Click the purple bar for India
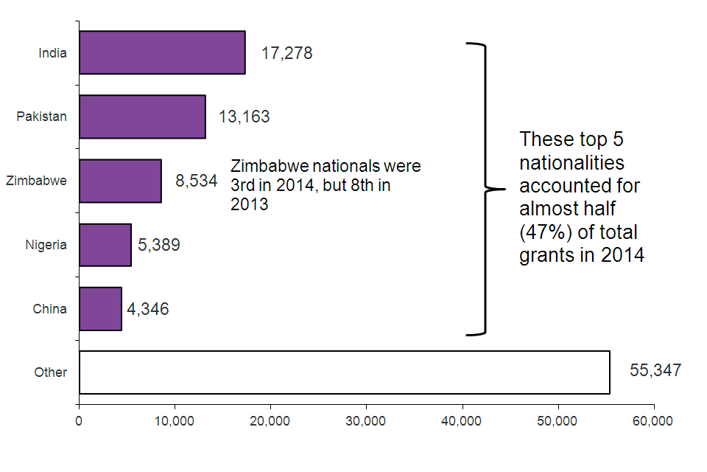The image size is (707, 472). [162, 52]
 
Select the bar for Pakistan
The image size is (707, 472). [142, 117]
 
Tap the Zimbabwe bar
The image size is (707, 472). [120, 181]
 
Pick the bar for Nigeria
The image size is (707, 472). [105, 245]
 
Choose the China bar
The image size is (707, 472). [100, 309]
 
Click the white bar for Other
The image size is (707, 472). [344, 372]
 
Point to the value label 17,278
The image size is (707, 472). [286, 53]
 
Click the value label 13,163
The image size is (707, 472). [244, 117]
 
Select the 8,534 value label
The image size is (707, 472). [196, 181]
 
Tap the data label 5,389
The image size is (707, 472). [159, 245]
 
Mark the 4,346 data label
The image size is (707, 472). [148, 309]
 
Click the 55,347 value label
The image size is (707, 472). [655, 370]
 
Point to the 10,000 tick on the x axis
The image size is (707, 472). [175, 421]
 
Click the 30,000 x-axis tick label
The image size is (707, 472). [366, 421]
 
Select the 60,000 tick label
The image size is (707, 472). [653, 421]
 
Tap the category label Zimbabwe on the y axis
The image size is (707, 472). [36, 181]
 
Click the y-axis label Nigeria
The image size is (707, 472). [46, 245]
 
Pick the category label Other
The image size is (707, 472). [51, 372]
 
